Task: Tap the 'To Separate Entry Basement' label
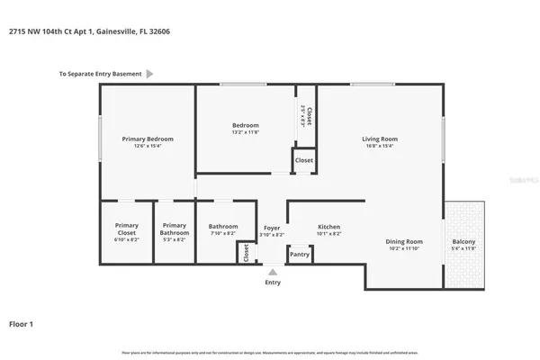tap(100, 75)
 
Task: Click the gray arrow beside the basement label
tap(149, 75)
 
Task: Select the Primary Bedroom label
tap(148, 139)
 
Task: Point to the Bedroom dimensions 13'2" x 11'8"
tap(245, 132)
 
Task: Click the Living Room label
tap(380, 139)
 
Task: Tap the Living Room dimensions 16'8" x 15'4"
tap(380, 147)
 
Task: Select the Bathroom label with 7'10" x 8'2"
tap(223, 227)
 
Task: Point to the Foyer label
tap(272, 227)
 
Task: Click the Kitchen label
tap(328, 227)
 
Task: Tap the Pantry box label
tap(300, 255)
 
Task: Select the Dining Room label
tap(404, 241)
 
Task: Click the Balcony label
tap(465, 241)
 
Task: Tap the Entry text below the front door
tap(272, 283)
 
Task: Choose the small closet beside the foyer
tap(247, 253)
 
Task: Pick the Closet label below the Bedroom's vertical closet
tap(304, 160)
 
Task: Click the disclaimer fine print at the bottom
tap(270, 350)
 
